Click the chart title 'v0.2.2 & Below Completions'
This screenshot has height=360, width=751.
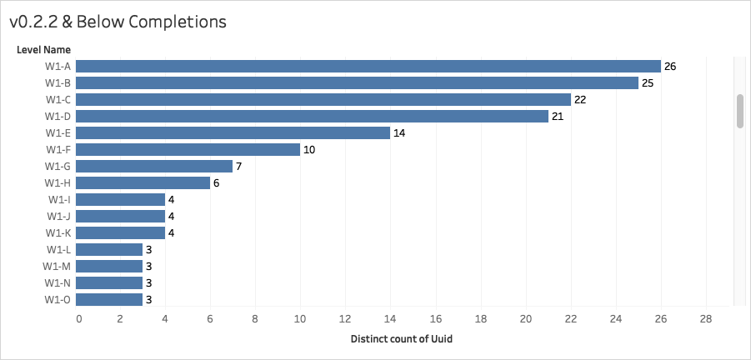pyautogui.click(x=118, y=22)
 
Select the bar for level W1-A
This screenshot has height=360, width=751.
pyautogui.click(x=368, y=66)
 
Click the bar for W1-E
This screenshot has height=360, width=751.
pyautogui.click(x=233, y=132)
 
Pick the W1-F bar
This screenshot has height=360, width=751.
pyautogui.click(x=188, y=149)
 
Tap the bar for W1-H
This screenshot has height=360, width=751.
pyautogui.click(x=143, y=182)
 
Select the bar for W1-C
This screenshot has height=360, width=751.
pyautogui.click(x=323, y=99)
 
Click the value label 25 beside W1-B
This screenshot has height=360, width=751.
pyautogui.click(x=648, y=82)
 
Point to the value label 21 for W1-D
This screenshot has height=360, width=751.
pyautogui.click(x=558, y=116)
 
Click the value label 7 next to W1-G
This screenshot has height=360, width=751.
pyautogui.click(x=238, y=166)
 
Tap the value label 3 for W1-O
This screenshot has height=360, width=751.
pyautogui.click(x=149, y=299)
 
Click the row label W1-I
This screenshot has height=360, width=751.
pyautogui.click(x=59, y=199)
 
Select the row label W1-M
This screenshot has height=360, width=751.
pyautogui.click(x=57, y=266)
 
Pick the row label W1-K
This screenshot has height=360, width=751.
pyautogui.click(x=58, y=232)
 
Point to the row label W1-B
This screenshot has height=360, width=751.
pyautogui.click(x=58, y=82)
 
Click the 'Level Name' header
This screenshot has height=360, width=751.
pyautogui.click(x=43, y=50)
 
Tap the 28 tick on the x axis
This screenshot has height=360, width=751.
pyautogui.click(x=706, y=319)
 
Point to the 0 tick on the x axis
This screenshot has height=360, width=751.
pyautogui.click(x=78, y=319)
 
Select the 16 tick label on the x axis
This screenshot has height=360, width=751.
pyautogui.click(x=437, y=319)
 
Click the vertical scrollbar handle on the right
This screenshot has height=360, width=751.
pyautogui.click(x=739, y=111)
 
